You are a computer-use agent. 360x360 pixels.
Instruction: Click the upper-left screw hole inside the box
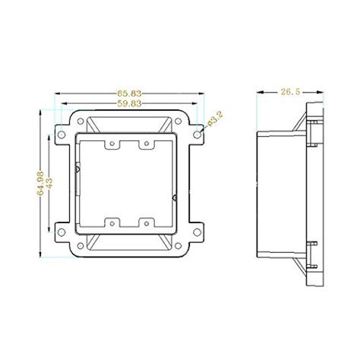coord(110,143)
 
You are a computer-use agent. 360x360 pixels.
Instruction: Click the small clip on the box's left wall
coord(78,167)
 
